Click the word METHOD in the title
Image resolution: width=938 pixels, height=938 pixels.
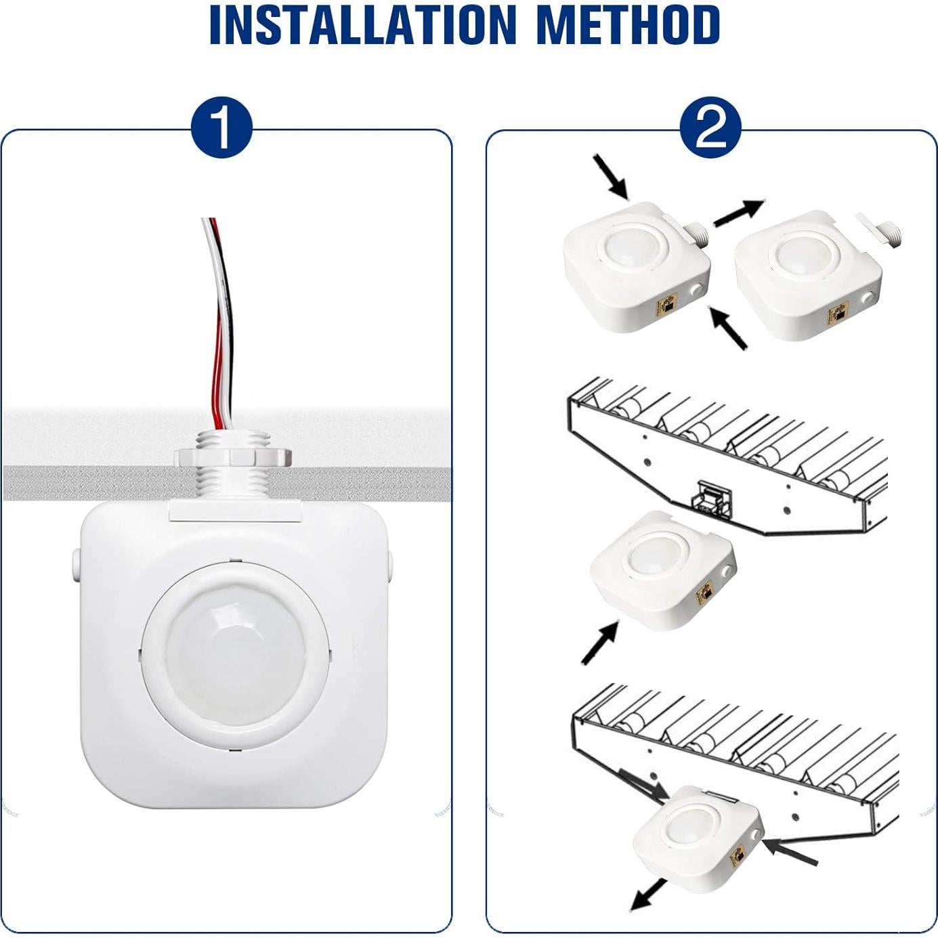tap(627, 25)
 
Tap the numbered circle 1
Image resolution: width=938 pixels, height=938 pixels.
tap(221, 128)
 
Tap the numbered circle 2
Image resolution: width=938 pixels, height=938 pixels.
tap(710, 128)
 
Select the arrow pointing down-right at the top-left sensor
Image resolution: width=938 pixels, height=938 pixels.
tap(611, 177)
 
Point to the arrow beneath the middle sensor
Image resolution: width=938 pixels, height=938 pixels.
tap(599, 643)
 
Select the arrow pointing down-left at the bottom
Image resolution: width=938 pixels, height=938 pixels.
tap(647, 895)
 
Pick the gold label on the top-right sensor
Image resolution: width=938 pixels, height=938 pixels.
tap(837, 315)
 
